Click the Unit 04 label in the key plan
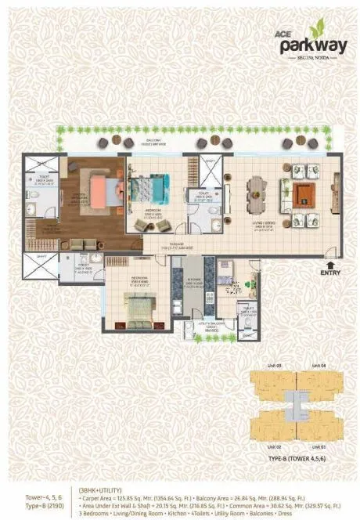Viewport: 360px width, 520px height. [x=314, y=367]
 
